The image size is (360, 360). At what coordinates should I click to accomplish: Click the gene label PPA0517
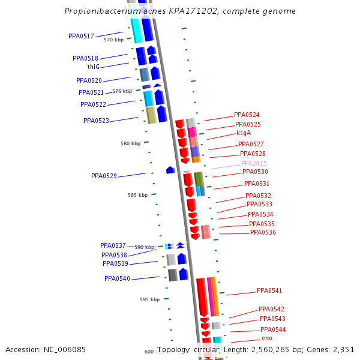(x=81, y=37)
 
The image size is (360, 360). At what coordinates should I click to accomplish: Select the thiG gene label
(x=93, y=67)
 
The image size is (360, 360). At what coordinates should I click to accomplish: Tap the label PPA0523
(x=96, y=121)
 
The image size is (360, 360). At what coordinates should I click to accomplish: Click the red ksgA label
(x=244, y=133)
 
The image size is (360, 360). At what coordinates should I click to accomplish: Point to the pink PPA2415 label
(x=254, y=164)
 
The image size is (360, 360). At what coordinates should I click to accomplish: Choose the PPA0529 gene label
(x=104, y=176)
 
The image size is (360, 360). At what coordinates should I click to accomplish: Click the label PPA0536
(x=263, y=233)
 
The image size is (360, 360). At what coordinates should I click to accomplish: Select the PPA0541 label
(x=269, y=291)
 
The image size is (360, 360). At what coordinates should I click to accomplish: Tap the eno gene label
(x=267, y=338)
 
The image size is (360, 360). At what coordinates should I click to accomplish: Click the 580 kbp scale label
(x=130, y=144)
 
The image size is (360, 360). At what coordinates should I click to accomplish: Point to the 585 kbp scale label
(x=137, y=196)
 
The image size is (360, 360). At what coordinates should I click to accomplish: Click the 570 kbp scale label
(x=113, y=40)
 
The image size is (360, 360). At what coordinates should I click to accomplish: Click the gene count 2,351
(x=343, y=350)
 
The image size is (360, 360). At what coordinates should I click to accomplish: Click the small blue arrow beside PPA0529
(x=170, y=170)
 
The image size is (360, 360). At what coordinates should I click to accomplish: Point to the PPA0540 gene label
(x=117, y=279)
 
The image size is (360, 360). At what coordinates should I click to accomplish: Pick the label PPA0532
(x=258, y=196)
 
